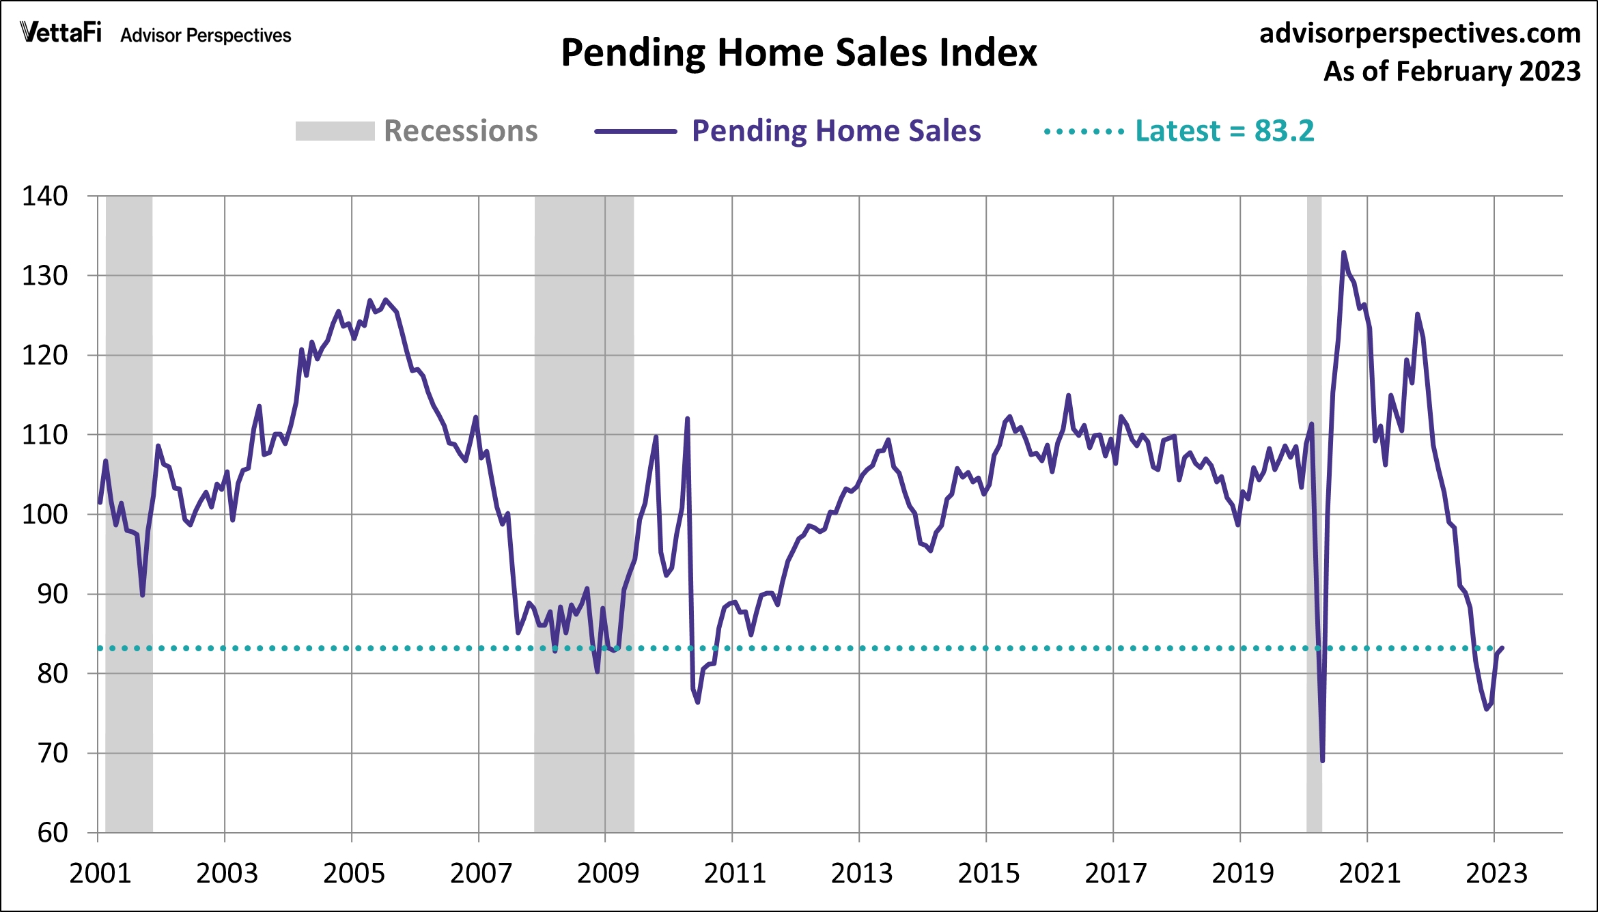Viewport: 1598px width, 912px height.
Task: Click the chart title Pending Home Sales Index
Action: [798, 53]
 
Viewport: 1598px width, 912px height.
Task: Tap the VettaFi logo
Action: [61, 32]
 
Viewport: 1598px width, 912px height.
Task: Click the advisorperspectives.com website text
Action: [1420, 33]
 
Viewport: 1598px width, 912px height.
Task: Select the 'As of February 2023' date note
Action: [1452, 71]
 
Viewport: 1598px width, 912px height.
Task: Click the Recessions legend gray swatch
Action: [335, 131]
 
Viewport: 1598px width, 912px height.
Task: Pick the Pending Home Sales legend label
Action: [836, 130]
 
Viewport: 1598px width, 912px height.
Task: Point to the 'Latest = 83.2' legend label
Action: [1224, 130]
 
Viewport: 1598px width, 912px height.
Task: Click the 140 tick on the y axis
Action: [45, 196]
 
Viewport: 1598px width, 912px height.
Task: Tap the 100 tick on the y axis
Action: [45, 514]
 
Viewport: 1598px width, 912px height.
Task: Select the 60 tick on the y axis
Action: [52, 832]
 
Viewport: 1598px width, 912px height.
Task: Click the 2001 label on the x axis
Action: [100, 873]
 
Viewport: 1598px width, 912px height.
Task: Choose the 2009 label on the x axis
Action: [607, 873]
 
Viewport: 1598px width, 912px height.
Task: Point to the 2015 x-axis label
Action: [988, 873]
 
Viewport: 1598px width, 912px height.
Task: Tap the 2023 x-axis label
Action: [1496, 873]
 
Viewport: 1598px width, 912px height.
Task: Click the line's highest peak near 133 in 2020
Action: [1343, 253]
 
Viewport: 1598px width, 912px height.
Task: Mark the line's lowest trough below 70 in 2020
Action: [1323, 760]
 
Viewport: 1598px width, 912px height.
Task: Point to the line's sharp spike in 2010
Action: [687, 419]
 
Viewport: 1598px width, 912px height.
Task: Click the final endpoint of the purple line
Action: [1502, 648]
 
